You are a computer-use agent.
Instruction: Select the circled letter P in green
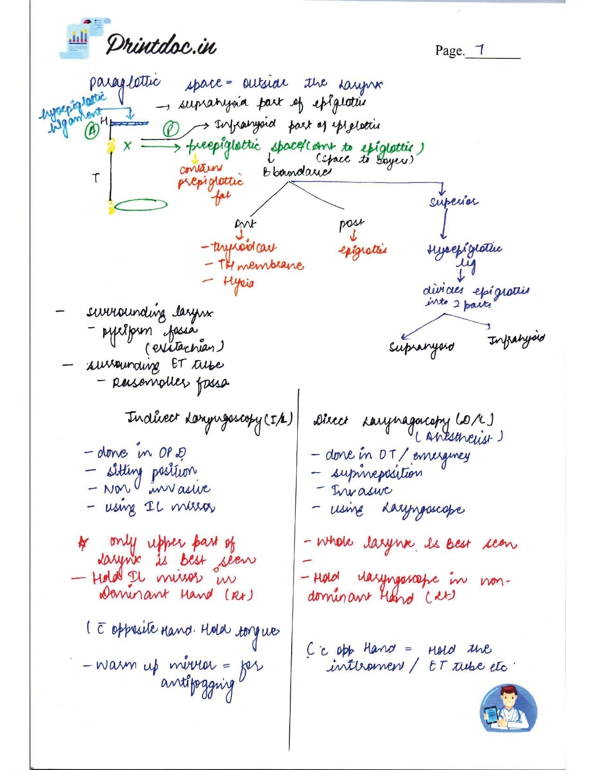(x=171, y=129)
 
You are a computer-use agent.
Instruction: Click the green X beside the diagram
(x=127, y=146)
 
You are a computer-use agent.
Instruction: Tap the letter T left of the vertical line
(x=96, y=177)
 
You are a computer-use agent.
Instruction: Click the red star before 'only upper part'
(x=84, y=543)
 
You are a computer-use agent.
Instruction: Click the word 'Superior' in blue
(x=454, y=202)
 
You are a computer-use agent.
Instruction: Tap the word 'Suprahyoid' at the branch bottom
(x=421, y=347)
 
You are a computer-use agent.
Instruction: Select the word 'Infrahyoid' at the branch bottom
(x=516, y=339)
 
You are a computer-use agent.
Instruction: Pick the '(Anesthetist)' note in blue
(x=458, y=437)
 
